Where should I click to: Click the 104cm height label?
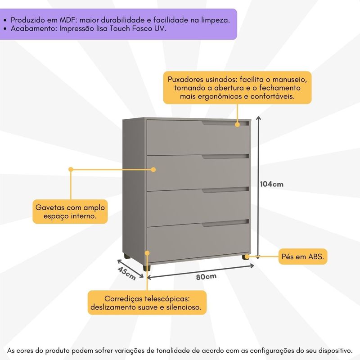(272, 184)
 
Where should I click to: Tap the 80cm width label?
(206, 276)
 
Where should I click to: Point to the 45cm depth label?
(127, 273)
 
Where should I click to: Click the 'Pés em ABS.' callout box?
(303, 256)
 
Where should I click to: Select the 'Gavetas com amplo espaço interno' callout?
(70, 211)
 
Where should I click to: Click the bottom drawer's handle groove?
(225, 223)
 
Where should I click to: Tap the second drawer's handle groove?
(225, 157)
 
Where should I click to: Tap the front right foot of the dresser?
(245, 258)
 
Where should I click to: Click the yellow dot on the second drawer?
(153, 170)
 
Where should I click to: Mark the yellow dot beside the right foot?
(259, 256)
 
